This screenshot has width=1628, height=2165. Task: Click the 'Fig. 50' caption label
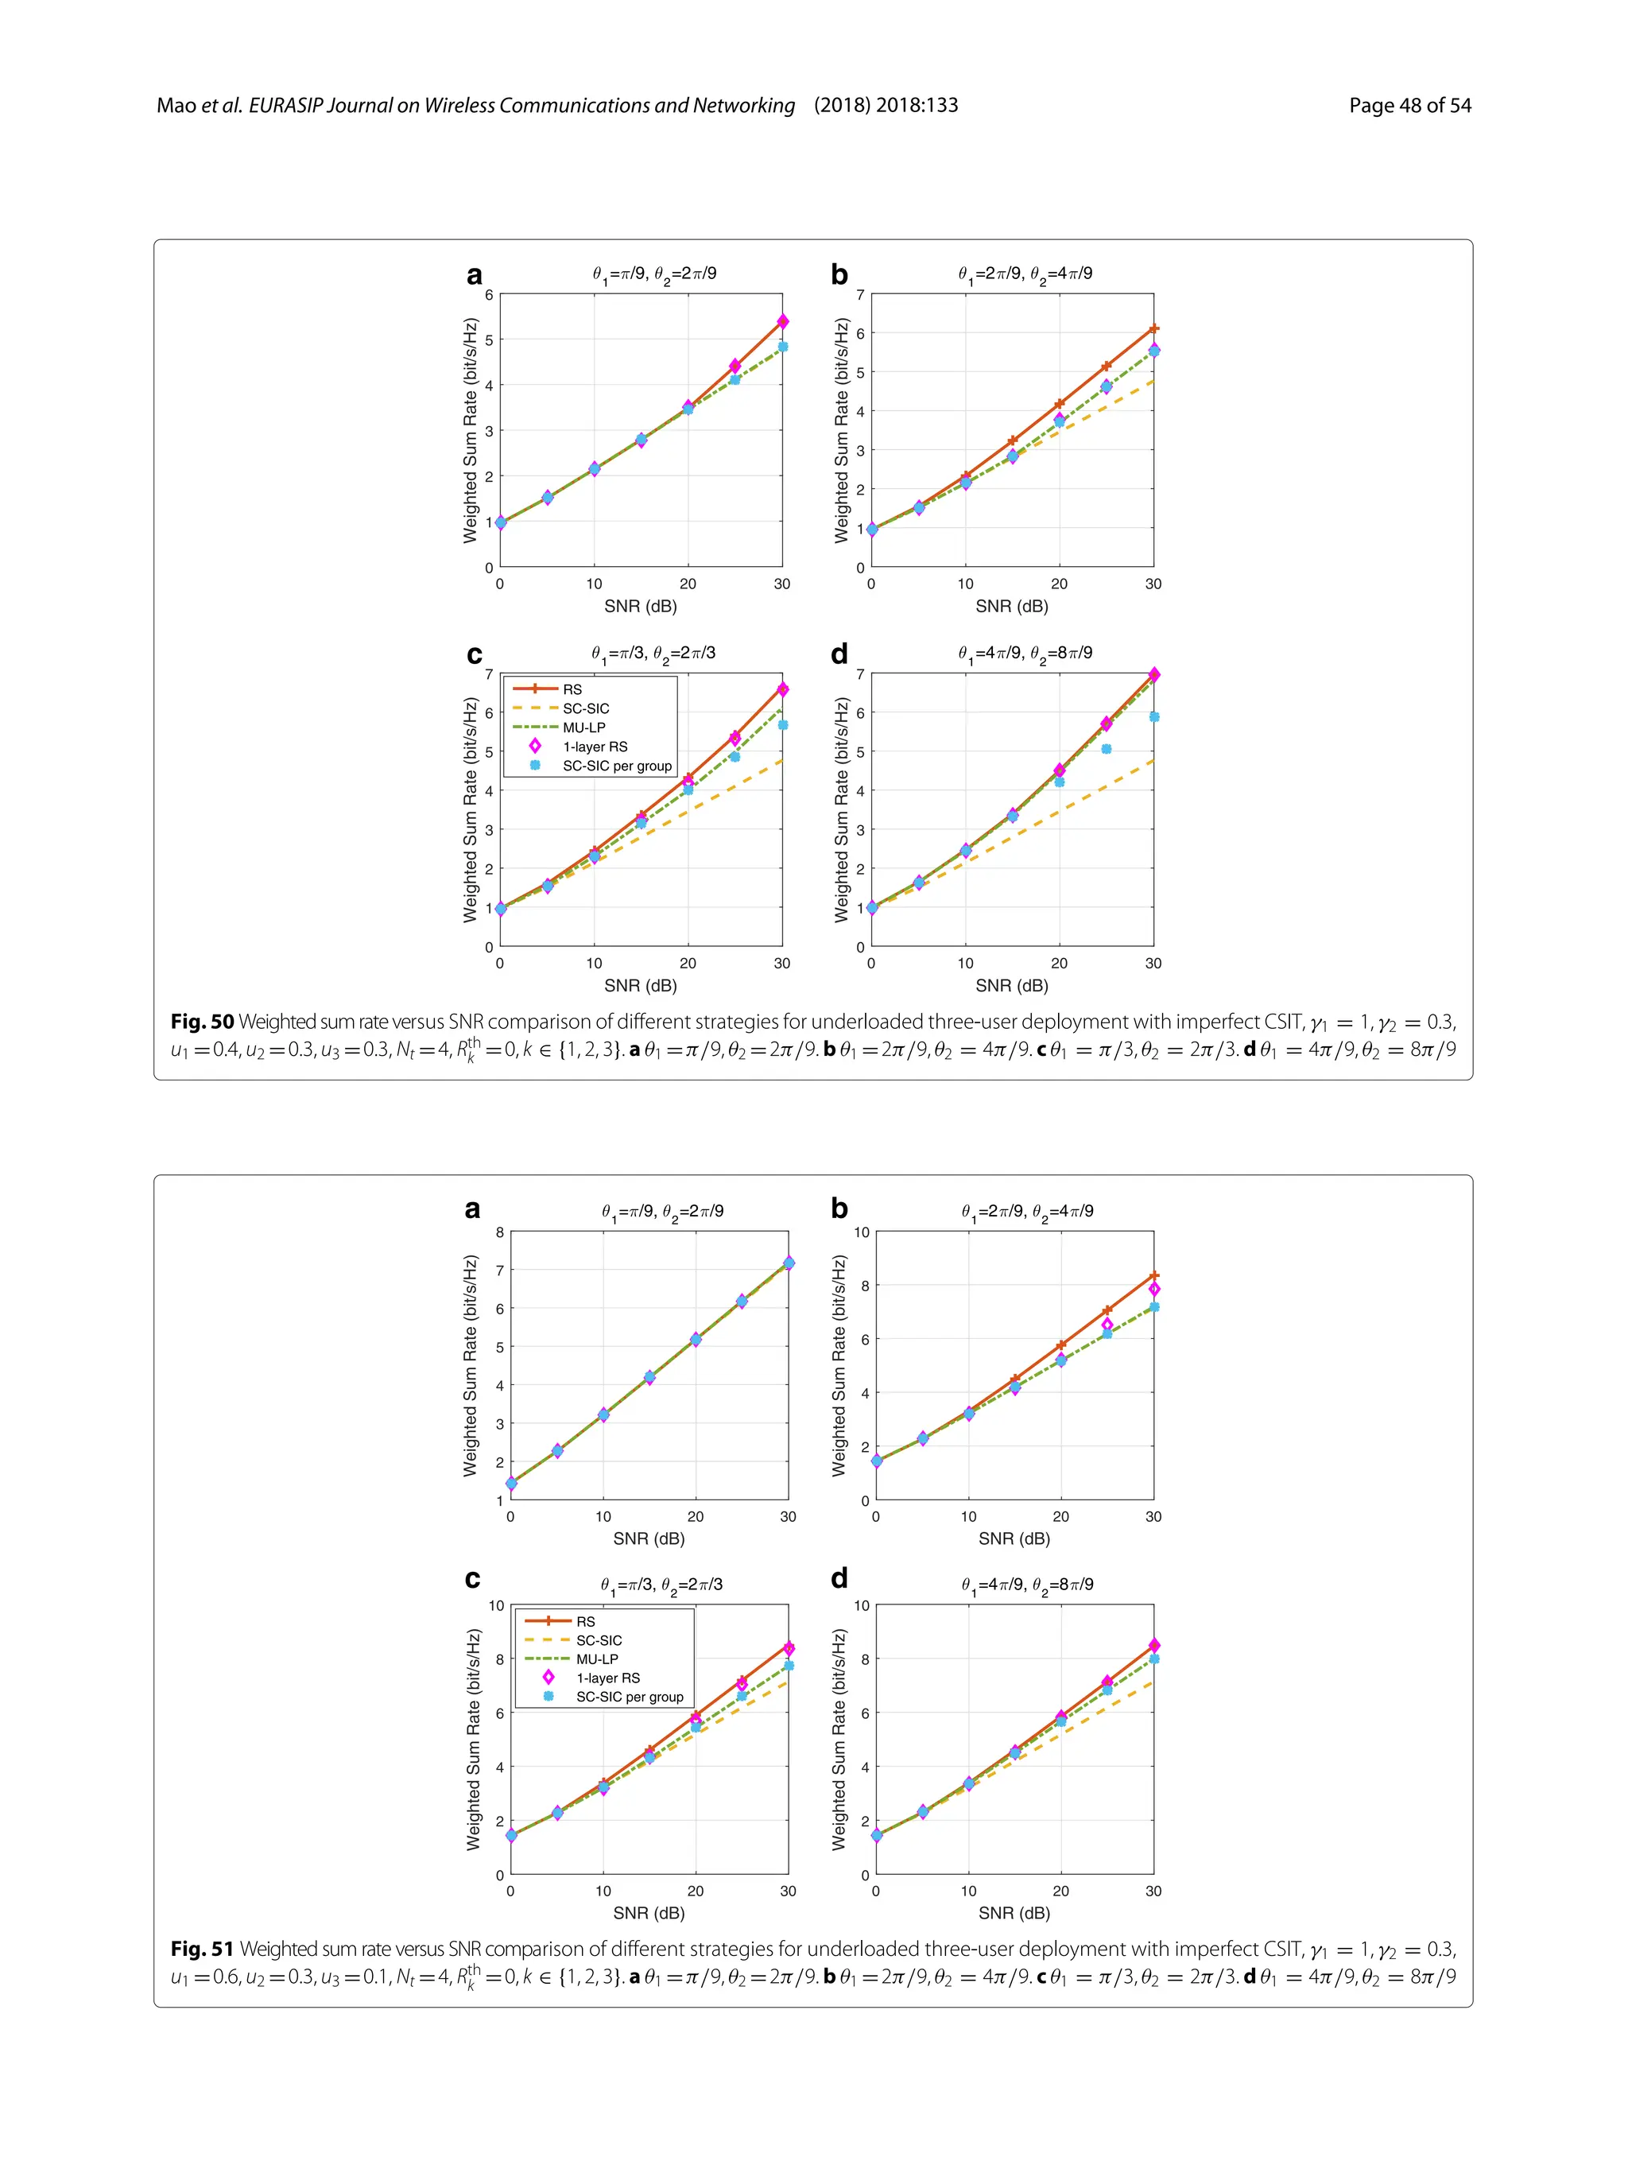pos(203,1022)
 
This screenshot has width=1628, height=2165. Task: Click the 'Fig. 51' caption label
pos(203,1949)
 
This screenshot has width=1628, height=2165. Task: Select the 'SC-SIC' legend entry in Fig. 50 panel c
pos(585,708)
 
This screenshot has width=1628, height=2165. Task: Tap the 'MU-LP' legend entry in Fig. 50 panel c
pos(583,727)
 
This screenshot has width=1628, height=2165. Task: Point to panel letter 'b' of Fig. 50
pos(839,276)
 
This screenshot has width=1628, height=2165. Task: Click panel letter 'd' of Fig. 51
pos(839,1579)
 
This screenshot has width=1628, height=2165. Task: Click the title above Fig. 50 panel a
pos(653,274)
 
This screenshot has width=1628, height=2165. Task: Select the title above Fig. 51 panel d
pos(1026,1585)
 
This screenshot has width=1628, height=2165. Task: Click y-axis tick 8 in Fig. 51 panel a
pos(499,1232)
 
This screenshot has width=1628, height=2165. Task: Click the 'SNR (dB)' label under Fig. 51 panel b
pos(1014,1538)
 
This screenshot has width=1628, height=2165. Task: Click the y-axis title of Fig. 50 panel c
pos(471,809)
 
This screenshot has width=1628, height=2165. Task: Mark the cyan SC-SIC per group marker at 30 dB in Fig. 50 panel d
pos(1153,717)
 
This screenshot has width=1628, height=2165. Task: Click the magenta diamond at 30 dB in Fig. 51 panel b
pos(1154,1290)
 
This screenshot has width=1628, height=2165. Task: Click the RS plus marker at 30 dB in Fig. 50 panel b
pos(1153,329)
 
